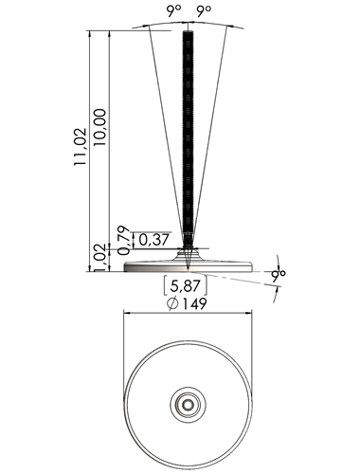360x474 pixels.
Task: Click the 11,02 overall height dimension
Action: [80, 146]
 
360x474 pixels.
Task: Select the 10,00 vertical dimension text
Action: [99, 127]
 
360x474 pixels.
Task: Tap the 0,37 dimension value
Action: [153, 240]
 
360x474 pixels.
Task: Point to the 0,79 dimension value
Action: [124, 240]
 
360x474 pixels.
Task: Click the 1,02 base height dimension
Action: [99, 258]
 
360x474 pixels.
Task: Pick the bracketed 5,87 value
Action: [186, 285]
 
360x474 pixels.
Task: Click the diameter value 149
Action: [194, 303]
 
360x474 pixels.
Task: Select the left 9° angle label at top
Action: [174, 11]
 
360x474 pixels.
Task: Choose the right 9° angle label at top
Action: [204, 11]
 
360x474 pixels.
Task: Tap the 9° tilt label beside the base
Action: [279, 276]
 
